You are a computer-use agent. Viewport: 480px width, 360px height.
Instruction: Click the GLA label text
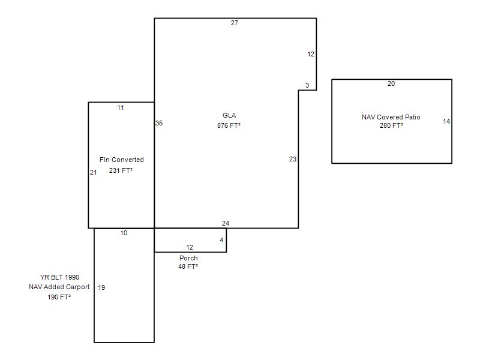pos(229,115)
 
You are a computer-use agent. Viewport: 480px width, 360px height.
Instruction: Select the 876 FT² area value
pos(229,125)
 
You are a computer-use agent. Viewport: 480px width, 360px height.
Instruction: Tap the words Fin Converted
pos(122,160)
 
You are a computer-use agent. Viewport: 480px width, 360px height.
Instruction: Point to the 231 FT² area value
pos(121,170)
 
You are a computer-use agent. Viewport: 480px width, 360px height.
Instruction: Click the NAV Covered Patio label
pos(391,117)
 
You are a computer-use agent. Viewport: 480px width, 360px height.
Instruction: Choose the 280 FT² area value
pos(391,125)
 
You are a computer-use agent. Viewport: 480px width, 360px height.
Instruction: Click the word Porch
pos(188,258)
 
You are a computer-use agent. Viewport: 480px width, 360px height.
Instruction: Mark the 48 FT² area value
pos(188,266)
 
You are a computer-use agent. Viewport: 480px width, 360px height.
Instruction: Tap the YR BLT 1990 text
pos(59,277)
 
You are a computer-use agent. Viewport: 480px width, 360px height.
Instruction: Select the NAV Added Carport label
pos(59,287)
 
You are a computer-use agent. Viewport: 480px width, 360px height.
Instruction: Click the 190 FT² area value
pos(59,297)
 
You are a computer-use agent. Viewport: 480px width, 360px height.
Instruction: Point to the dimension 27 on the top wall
pos(235,23)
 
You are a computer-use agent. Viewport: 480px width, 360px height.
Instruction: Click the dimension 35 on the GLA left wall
pos(159,124)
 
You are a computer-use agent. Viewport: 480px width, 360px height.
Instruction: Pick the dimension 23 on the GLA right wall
pos(293,159)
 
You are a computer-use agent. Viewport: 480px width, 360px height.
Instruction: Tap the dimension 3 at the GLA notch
pos(307,85)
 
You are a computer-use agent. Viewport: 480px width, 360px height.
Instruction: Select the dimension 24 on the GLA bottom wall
pos(226,223)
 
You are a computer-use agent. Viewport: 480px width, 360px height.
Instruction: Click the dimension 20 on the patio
pos(391,83)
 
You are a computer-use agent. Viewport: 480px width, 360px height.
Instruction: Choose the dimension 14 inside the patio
pos(446,122)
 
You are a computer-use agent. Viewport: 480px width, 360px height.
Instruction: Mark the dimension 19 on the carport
pos(101,287)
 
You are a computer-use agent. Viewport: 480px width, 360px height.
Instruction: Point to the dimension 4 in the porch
pos(221,241)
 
